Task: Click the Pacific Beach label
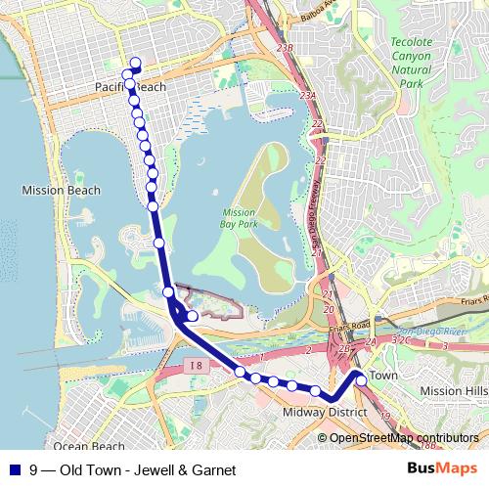point(130,87)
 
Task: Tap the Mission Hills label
point(452,390)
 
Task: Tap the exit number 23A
point(309,95)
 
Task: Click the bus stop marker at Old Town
point(361,379)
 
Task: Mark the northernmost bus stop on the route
point(135,65)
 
